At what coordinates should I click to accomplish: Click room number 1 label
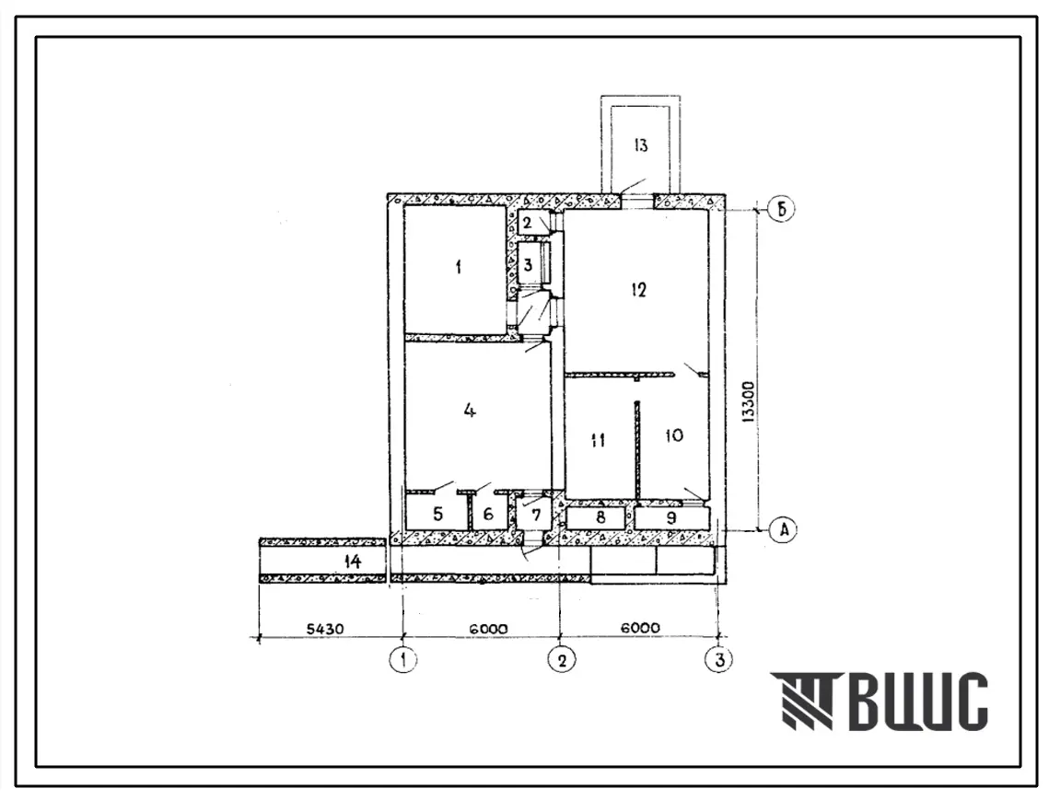[459, 268]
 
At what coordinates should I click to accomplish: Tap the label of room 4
[470, 410]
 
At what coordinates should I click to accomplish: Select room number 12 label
[638, 290]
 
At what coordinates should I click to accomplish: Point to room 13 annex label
[640, 145]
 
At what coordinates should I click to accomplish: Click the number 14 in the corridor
[352, 561]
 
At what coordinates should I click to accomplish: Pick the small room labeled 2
[528, 223]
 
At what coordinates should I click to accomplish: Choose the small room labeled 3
[528, 265]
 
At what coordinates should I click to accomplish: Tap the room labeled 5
[437, 514]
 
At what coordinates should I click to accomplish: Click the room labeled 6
[488, 514]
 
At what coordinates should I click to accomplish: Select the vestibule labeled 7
[534, 515]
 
